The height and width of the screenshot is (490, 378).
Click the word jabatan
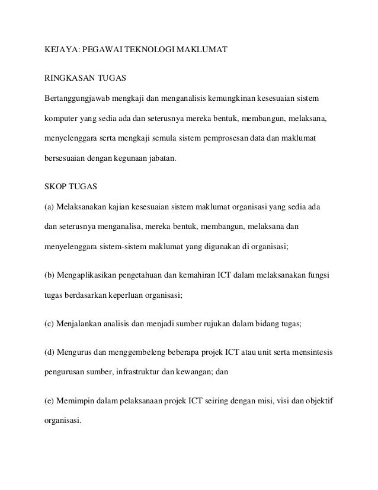coord(162,160)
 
